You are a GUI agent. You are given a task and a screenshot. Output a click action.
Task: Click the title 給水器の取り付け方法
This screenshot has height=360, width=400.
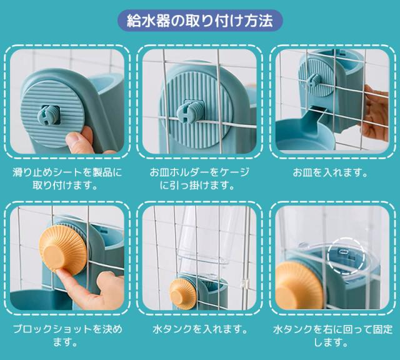pyautogui.click(x=199, y=21)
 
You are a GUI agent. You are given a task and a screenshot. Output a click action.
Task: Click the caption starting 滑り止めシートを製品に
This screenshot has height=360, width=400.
pyautogui.click(x=67, y=178)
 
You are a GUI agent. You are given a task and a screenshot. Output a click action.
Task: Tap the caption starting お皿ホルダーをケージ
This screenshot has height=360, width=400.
pyautogui.click(x=199, y=178)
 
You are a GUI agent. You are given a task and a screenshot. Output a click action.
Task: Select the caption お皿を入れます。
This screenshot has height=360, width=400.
pyautogui.click(x=332, y=171)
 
